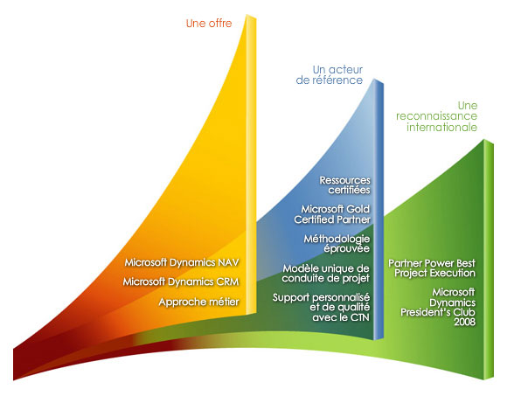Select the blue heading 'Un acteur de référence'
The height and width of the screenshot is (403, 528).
click(337, 74)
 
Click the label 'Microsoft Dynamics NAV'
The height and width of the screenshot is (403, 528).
click(181, 262)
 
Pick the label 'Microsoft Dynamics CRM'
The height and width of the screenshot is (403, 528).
click(181, 281)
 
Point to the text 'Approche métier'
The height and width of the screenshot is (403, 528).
click(198, 302)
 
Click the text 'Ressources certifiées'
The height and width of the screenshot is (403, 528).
click(345, 184)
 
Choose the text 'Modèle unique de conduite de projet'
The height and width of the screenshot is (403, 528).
click(328, 273)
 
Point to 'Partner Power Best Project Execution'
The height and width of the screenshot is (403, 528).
click(432, 268)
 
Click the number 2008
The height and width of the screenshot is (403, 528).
click(462, 323)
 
